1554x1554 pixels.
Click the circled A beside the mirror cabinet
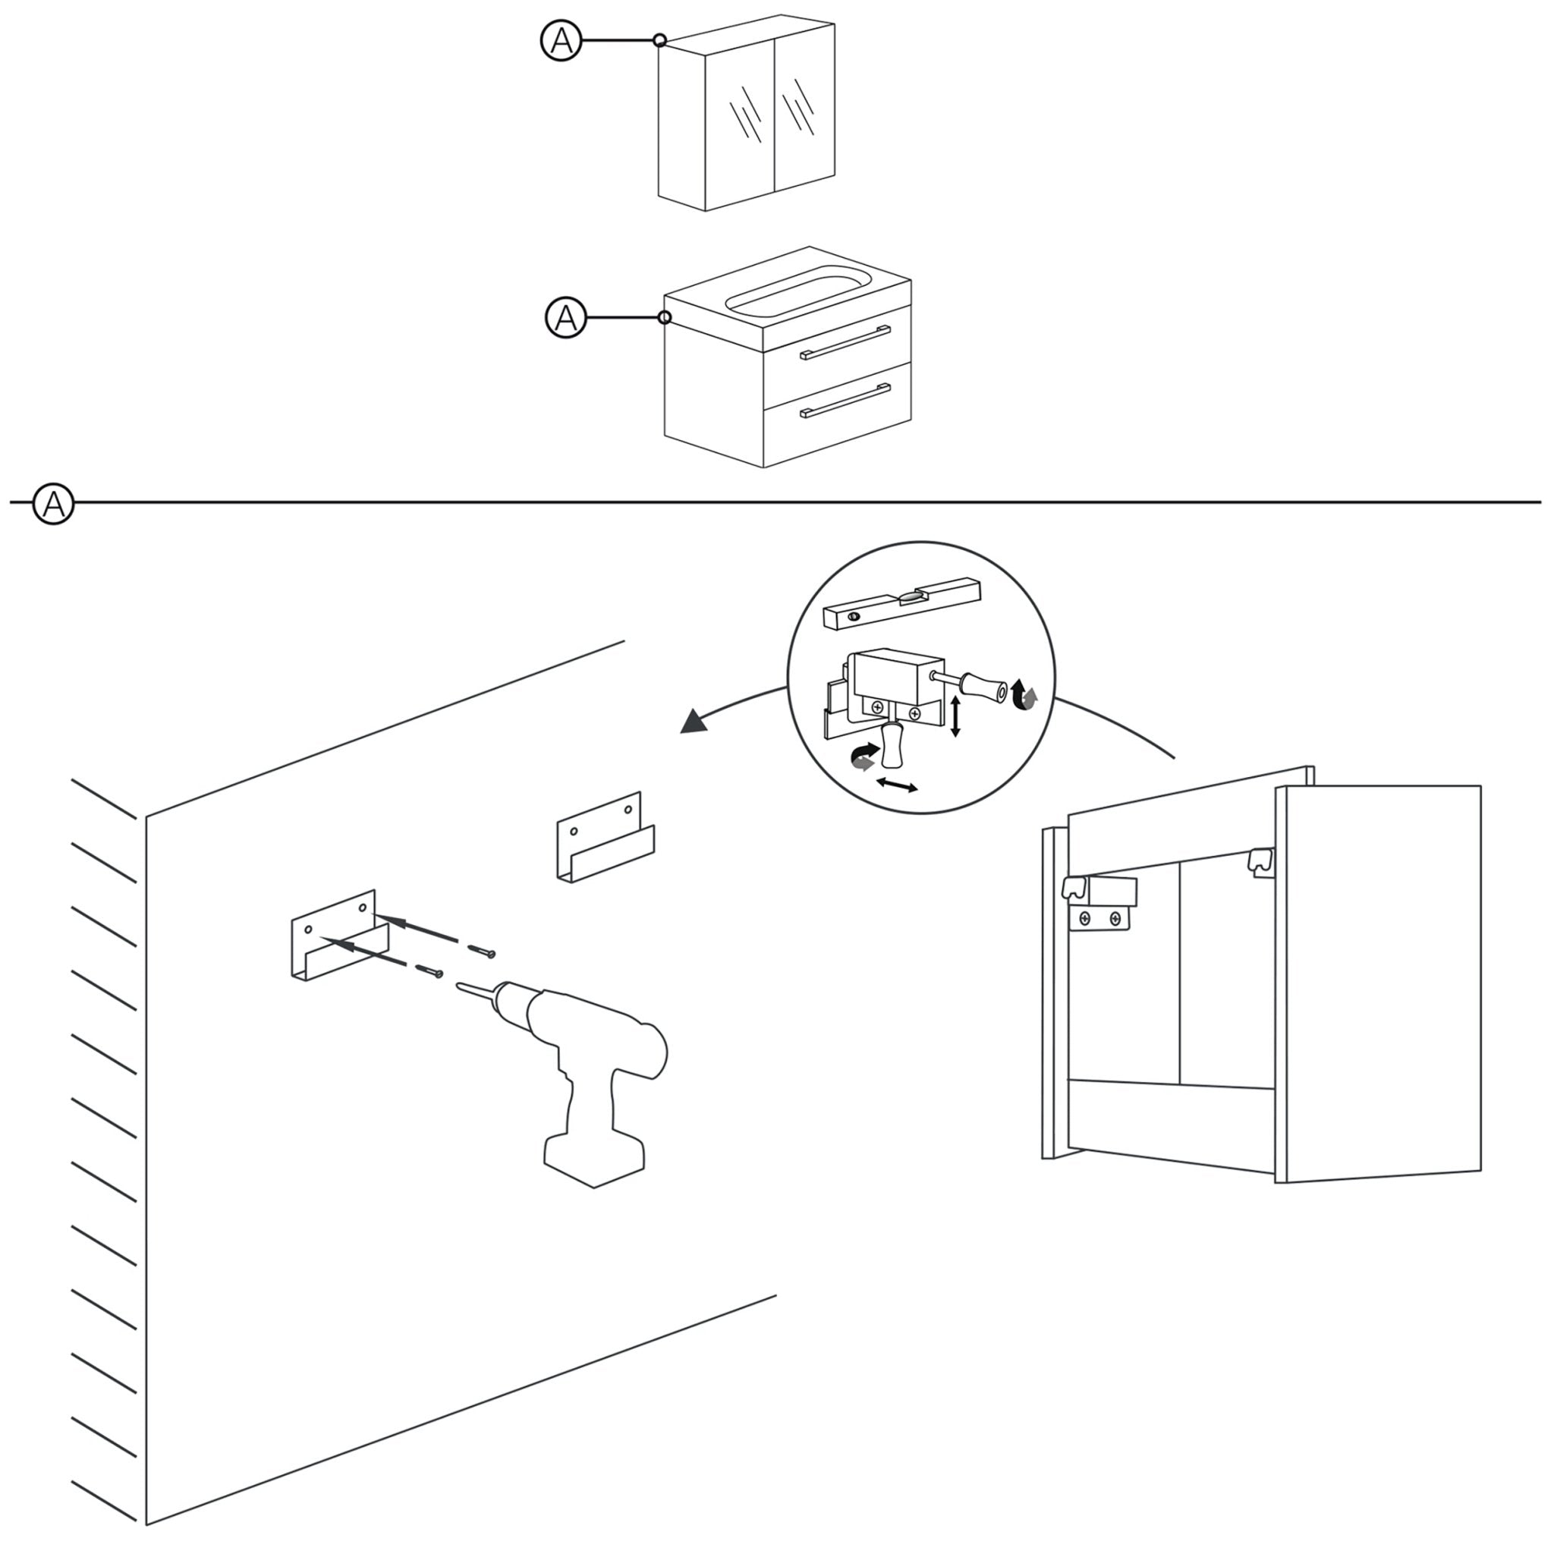pyautogui.click(x=561, y=40)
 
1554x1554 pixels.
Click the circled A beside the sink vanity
pyautogui.click(x=565, y=318)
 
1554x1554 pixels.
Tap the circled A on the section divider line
pyautogui.click(x=53, y=505)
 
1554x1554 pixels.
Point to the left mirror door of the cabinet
pyautogui.click(x=739, y=121)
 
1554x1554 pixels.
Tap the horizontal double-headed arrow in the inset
pyautogui.click(x=896, y=785)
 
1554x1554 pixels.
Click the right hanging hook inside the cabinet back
pyautogui.click(x=1260, y=861)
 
